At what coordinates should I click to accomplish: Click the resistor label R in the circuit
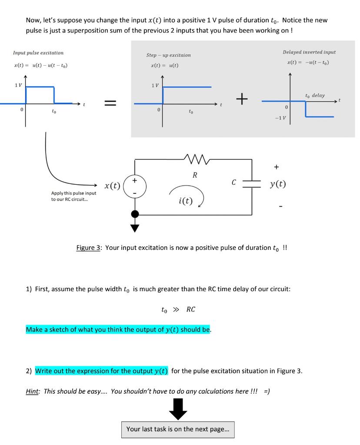(x=195, y=176)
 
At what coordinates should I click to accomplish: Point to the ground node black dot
(x=135, y=214)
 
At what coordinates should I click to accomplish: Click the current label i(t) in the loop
(x=186, y=200)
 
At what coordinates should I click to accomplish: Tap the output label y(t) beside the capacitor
(x=278, y=184)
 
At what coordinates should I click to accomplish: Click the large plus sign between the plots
(x=242, y=100)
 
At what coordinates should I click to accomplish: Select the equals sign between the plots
(x=110, y=103)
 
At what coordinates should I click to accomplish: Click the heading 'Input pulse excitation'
(x=38, y=53)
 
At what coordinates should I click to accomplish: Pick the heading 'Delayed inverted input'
(x=309, y=52)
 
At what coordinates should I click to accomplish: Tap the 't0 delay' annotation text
(x=315, y=95)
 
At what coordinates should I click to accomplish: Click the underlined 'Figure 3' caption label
(x=89, y=248)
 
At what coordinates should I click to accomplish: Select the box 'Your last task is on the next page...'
(x=177, y=429)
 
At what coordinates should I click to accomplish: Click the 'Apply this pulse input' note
(x=73, y=196)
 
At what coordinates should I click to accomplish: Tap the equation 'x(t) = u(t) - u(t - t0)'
(x=40, y=65)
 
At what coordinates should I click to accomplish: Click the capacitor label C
(x=233, y=183)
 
